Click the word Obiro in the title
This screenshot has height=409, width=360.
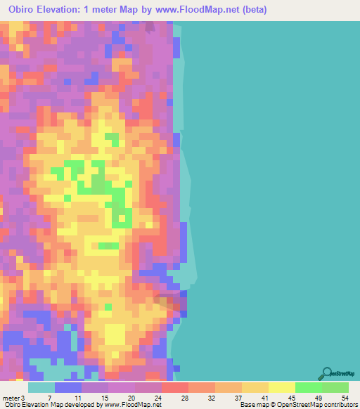tap(25, 10)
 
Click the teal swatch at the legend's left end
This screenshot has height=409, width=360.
tap(41, 387)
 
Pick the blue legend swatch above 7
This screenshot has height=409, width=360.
tap(67, 387)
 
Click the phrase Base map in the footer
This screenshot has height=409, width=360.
tap(252, 405)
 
